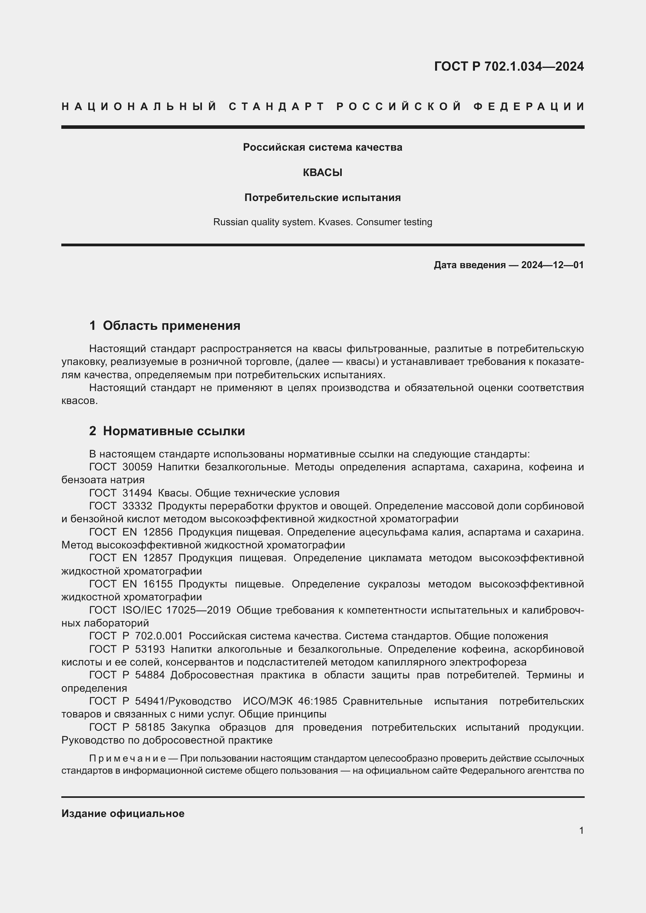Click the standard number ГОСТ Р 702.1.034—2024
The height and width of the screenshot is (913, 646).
[x=509, y=66]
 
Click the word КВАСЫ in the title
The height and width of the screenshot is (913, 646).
[x=323, y=173]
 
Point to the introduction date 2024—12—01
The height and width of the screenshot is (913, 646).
[x=552, y=265]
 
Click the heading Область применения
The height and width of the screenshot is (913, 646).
[x=171, y=326]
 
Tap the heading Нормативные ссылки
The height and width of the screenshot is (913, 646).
[x=174, y=431]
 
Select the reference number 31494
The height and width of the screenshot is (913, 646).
[x=137, y=493]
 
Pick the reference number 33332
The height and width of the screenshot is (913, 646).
[x=137, y=506]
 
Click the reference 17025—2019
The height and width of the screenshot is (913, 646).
[x=198, y=610]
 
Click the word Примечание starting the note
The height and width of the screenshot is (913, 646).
[x=127, y=758]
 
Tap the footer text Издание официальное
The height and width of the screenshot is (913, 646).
[x=123, y=813]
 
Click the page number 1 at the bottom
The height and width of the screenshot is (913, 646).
[x=581, y=831]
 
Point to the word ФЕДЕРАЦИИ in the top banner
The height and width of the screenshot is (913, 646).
[x=529, y=107]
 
